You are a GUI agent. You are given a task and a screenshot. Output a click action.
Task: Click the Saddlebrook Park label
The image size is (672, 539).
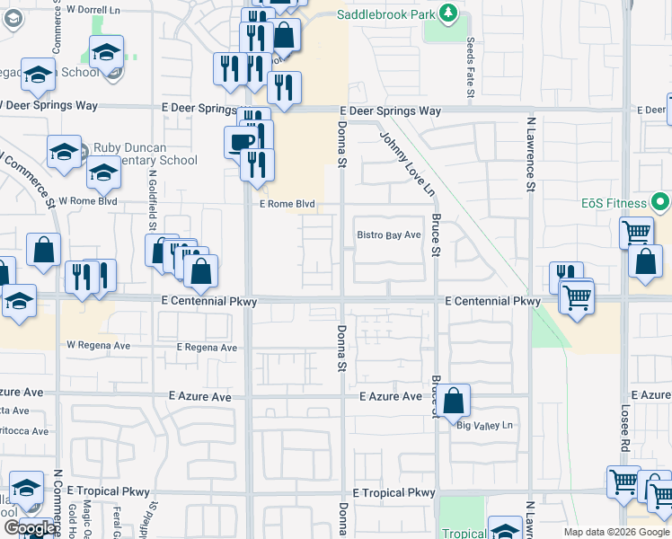388,15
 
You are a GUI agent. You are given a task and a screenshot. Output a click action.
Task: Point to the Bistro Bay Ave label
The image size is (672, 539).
389,235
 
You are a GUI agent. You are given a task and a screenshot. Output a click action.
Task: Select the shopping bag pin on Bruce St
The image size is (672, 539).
455,401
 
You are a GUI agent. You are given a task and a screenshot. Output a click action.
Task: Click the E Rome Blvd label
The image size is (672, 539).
287,204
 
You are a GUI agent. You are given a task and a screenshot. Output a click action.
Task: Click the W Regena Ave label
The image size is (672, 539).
98,345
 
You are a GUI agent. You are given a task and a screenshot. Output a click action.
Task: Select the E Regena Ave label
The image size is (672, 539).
207,348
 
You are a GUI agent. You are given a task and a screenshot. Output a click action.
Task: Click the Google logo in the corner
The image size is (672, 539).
30,528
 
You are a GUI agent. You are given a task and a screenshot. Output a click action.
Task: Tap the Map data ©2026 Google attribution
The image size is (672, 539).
615,532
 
